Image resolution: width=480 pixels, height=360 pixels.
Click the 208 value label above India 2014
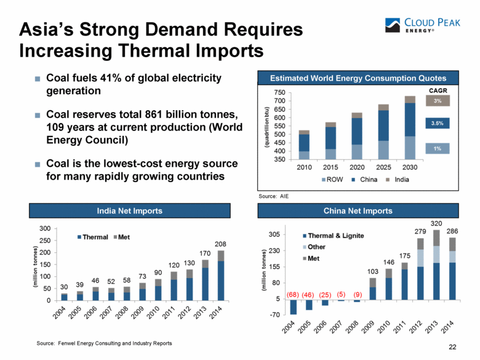point(220,244)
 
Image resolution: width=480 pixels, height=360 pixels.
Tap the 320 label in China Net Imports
point(436,223)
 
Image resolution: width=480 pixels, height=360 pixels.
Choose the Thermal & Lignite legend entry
point(333,236)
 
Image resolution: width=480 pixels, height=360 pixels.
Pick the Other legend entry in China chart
point(316,247)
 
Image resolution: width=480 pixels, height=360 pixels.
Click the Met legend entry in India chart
point(120,237)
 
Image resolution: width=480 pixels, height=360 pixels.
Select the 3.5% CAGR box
point(438,124)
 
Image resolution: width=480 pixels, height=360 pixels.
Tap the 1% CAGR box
point(438,148)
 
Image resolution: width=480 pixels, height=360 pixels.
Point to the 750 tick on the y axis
point(279,92)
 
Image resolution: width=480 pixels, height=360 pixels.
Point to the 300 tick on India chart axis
point(46,229)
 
